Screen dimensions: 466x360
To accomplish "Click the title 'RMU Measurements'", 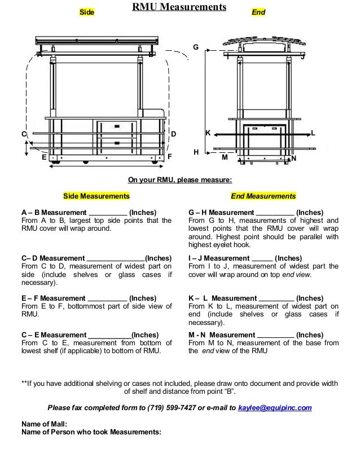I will [x=179, y=7].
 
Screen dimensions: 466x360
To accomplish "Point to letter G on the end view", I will [x=196, y=47].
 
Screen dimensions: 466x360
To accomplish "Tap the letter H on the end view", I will [x=196, y=152].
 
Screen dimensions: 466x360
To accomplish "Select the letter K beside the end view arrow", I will [x=207, y=133].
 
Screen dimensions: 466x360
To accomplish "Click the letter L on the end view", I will [x=313, y=133].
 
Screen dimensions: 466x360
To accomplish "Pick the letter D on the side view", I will [x=174, y=134].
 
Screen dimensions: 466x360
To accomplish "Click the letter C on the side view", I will [x=24, y=134].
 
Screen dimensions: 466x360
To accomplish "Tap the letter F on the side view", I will [x=169, y=156].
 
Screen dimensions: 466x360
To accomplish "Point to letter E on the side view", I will [x=43, y=158].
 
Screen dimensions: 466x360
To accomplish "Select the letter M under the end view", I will [x=224, y=158].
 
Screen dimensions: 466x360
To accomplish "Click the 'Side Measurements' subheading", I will [x=96, y=196].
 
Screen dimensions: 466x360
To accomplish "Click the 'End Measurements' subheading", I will [x=263, y=196].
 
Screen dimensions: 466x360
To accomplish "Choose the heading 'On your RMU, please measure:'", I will [x=179, y=180].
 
